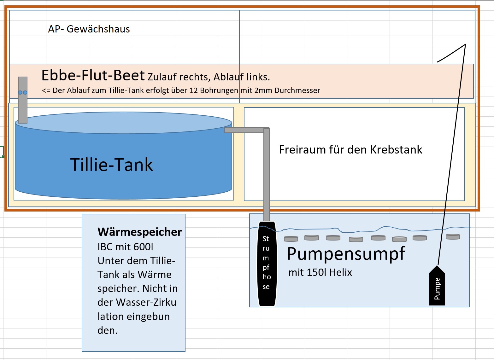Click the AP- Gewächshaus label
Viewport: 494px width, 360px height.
pyautogui.click(x=89, y=29)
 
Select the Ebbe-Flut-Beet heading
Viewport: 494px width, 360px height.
pyautogui.click(x=93, y=75)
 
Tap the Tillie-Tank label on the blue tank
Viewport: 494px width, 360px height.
pyautogui.click(x=111, y=165)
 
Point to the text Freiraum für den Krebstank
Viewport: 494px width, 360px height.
pyautogui.click(x=350, y=150)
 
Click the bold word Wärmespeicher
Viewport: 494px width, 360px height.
pyautogui.click(x=140, y=232)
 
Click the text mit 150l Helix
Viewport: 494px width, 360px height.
pyautogui.click(x=320, y=273)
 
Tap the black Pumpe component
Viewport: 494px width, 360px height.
pyautogui.click(x=437, y=286)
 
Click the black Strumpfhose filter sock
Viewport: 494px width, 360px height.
pyautogui.click(x=267, y=264)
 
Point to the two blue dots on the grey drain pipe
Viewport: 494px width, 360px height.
pyautogui.click(x=23, y=93)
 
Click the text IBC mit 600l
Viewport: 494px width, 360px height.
pyautogui.click(x=125, y=247)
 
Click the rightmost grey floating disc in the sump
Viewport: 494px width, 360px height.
pyautogui.click(x=453, y=237)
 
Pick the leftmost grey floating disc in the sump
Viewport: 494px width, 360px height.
pyautogui.click(x=291, y=239)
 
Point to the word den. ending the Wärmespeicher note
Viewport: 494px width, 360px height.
pyautogui.click(x=107, y=330)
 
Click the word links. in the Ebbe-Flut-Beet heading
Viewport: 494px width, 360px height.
pyautogui.click(x=258, y=77)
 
